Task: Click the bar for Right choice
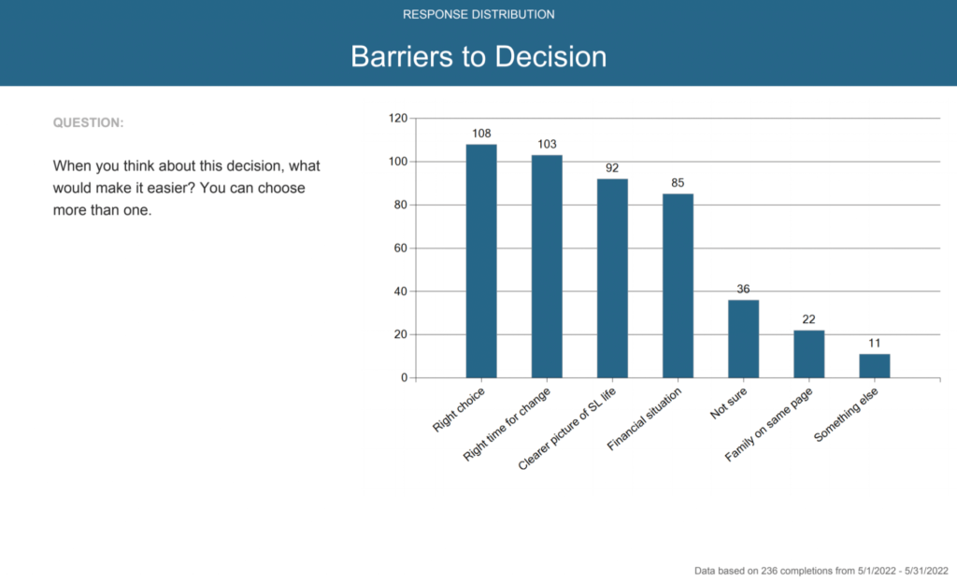481,262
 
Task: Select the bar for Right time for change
547,266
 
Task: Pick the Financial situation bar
678,286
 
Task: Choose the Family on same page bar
808,354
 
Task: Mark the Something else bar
874,366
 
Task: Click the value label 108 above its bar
481,134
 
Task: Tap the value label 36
743,290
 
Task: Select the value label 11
874,344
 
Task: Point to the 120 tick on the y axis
397,119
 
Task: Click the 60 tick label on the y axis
400,248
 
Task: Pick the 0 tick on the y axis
404,378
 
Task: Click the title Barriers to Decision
478,56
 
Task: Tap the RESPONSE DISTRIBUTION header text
478,15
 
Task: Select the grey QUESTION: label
88,122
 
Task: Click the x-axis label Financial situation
644,418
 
